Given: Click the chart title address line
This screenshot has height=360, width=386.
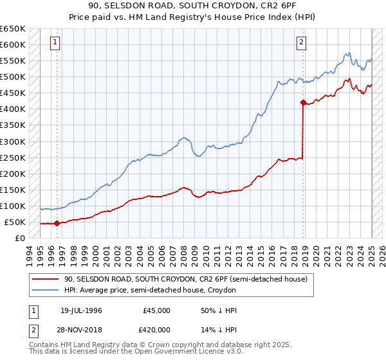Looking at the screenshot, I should tap(192, 6).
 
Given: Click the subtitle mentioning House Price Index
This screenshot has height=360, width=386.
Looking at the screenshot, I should tap(192, 17).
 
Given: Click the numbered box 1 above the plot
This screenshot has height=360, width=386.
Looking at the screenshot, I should tap(56, 43).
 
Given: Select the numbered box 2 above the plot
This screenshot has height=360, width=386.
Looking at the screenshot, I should tap(300, 43).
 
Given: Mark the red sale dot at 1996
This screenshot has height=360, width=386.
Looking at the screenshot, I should tap(57, 224).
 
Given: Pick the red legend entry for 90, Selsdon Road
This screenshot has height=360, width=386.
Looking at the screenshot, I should tap(187, 280).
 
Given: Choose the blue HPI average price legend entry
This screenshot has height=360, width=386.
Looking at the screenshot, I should tap(151, 291).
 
